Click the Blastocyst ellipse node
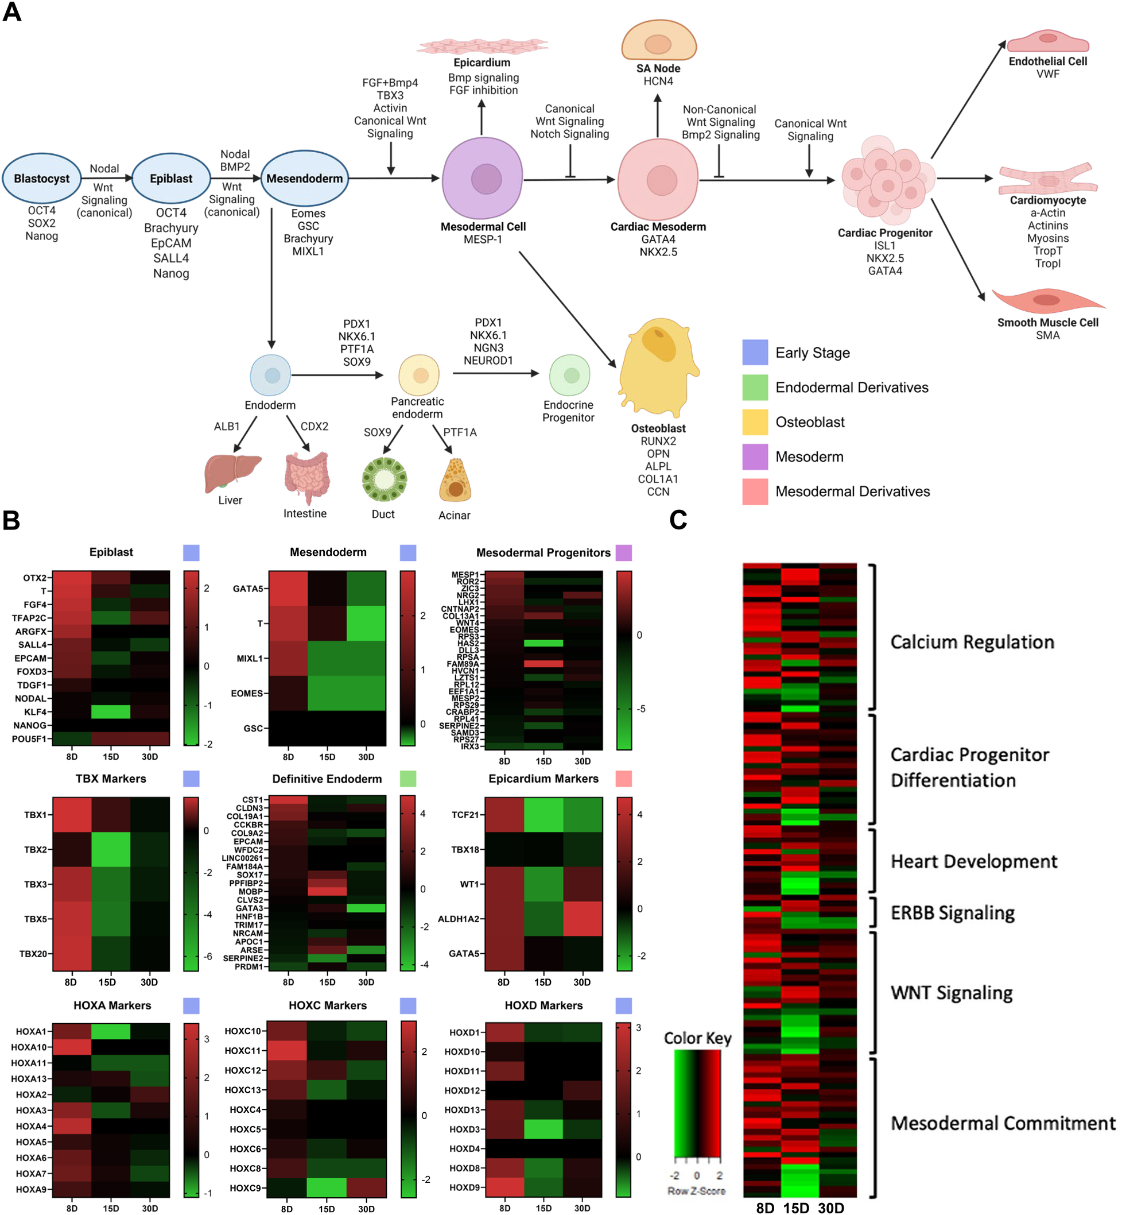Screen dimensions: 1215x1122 point(41,179)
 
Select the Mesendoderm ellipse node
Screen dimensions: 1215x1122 point(304,179)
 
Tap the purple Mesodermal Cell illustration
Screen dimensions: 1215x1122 point(483,179)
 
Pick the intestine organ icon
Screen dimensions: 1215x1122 point(306,477)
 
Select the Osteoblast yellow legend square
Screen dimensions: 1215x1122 point(755,422)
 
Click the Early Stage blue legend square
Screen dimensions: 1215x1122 point(755,353)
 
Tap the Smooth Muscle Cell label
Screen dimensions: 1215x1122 point(1047,323)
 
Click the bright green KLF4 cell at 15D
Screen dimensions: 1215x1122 point(111,711)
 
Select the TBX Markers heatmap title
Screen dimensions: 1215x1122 point(111,779)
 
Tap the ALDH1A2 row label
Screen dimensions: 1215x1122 point(459,919)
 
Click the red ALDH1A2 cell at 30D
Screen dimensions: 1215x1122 point(583,919)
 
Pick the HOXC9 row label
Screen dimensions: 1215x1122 point(244,1188)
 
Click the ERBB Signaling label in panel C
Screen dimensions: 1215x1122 point(952,913)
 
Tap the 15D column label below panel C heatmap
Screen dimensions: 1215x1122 point(795,1208)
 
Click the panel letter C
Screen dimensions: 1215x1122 point(678,520)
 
